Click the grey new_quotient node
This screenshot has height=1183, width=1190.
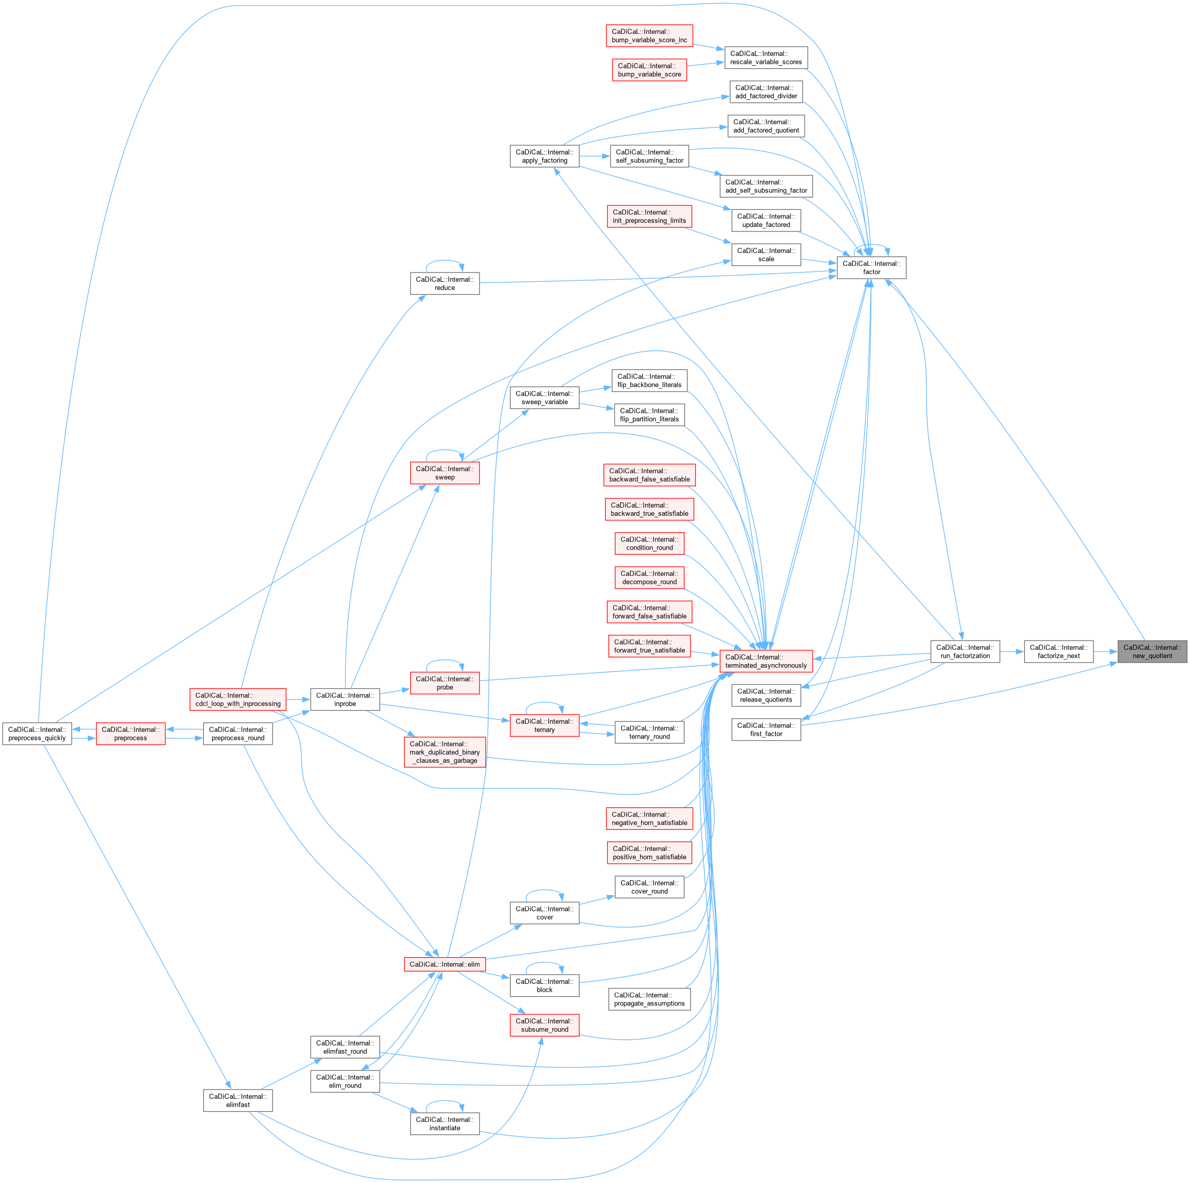(1152, 651)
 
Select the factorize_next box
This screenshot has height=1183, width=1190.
(1058, 651)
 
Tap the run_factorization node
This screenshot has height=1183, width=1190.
(965, 651)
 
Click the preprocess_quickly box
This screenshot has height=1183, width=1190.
(37, 733)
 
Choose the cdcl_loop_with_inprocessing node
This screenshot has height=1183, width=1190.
(238, 700)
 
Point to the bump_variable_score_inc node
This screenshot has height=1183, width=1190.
(649, 36)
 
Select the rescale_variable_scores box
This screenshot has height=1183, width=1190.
(765, 58)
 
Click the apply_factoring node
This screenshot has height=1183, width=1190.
(545, 157)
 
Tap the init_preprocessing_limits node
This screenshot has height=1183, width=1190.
(649, 216)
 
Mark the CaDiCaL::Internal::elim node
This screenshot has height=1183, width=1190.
(445, 964)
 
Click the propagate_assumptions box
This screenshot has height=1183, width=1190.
(649, 999)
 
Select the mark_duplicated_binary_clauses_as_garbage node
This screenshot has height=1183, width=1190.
(445, 752)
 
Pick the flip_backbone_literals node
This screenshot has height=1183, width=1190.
(649, 381)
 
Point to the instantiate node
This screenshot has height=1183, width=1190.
(445, 1124)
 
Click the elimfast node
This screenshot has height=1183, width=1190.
(238, 1100)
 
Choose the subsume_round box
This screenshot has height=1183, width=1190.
(545, 1025)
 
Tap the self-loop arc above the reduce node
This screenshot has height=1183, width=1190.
(445, 261)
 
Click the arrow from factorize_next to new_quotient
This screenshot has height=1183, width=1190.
(1106, 651)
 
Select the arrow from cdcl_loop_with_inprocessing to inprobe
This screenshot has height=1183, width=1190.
(298, 700)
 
